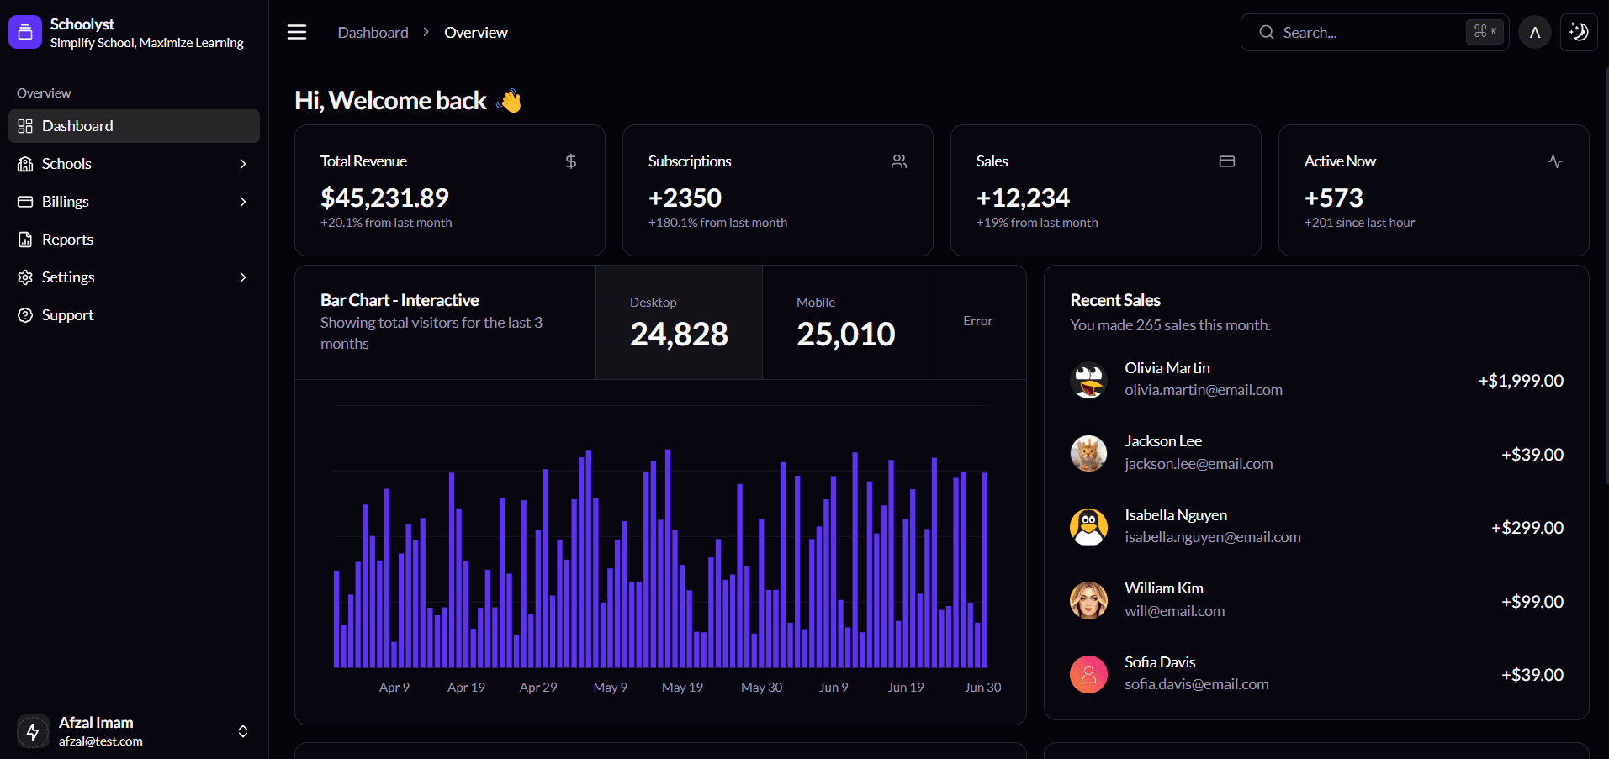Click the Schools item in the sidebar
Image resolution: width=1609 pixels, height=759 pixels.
66,164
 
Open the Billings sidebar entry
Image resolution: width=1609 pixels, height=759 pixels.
65,202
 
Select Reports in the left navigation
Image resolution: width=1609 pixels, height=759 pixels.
67,240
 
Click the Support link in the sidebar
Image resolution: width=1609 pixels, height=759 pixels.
67,315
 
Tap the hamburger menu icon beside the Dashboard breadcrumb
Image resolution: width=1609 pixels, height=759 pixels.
297,32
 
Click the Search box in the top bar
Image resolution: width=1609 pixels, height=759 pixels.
1363,33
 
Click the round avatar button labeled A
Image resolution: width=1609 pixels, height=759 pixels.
1535,33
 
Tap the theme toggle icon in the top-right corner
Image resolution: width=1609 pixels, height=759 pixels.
1579,33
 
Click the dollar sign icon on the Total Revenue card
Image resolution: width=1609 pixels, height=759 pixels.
571,161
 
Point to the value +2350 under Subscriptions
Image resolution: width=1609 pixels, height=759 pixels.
685,198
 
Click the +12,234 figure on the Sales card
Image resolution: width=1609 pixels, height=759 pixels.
1023,198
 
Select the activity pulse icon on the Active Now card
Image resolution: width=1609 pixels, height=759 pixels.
1555,161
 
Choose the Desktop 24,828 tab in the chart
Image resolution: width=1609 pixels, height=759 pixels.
679,323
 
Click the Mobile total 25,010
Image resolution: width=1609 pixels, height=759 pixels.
845,334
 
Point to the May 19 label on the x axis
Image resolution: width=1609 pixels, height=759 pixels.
682,688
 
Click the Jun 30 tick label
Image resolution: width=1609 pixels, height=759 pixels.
982,688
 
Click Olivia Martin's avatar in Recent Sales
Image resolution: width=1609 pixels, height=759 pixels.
1088,380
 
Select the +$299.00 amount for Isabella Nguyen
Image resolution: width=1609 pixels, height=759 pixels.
1527,528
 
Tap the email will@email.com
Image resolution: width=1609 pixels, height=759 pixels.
1174,611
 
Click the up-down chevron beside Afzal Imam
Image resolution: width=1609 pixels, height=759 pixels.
243,731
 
